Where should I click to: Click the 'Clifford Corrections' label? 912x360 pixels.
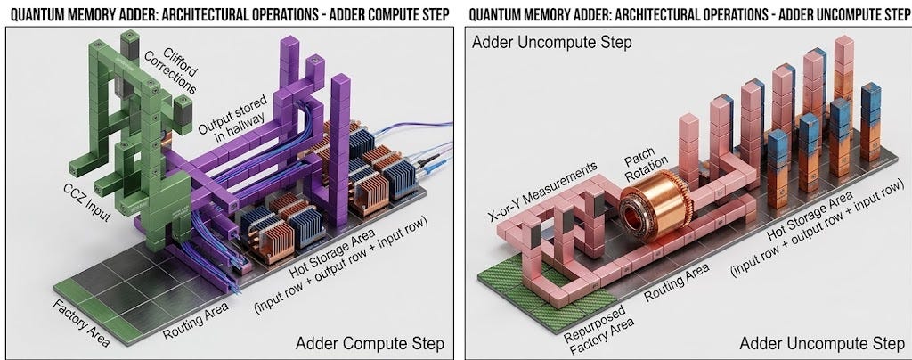point(176,70)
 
